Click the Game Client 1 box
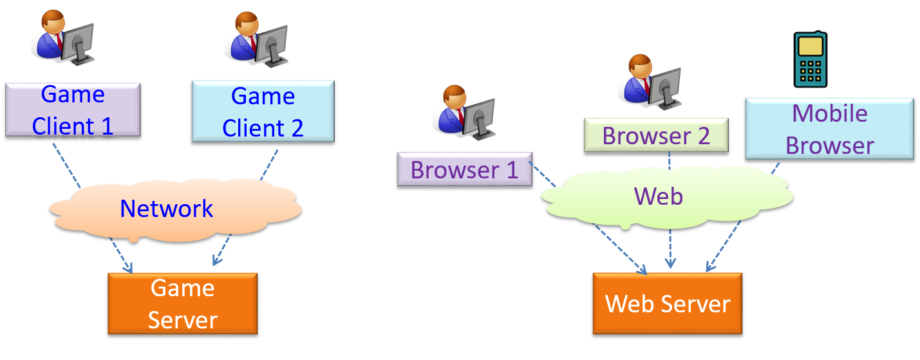coord(73,110)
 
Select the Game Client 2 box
coord(263,111)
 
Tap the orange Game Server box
coord(182,303)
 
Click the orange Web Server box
coord(667,303)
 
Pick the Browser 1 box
coord(464,169)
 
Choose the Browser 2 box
coord(655,135)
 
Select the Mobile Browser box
coord(829,129)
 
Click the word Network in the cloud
coord(166,209)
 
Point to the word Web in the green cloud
coord(658,196)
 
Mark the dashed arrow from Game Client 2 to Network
coord(268,166)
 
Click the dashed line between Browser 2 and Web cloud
coord(670,161)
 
